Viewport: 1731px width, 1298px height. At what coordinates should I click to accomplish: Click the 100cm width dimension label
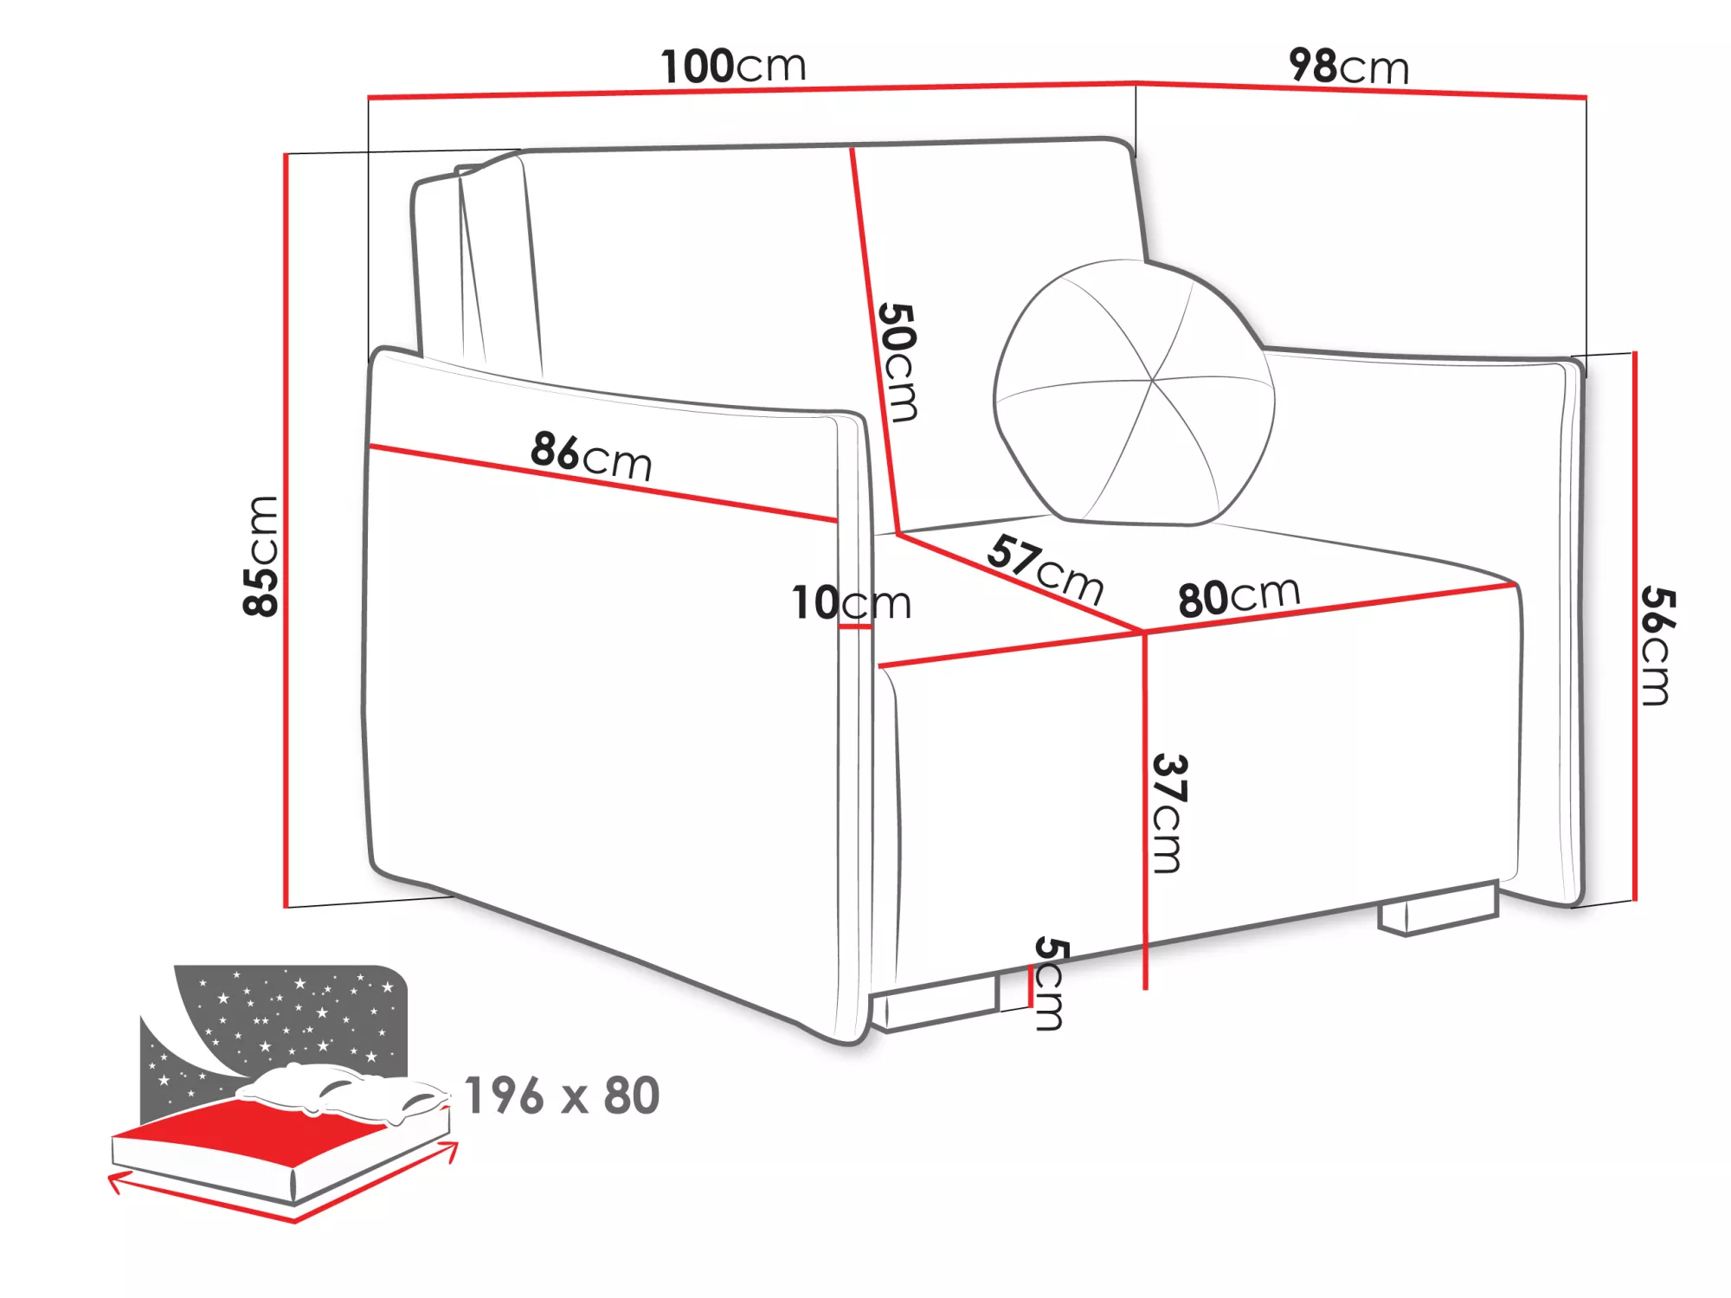(x=734, y=67)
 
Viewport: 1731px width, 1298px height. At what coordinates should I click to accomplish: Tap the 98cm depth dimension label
(x=1348, y=66)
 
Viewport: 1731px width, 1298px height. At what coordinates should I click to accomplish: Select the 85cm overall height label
(x=261, y=556)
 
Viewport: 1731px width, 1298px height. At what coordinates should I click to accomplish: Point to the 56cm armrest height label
(x=1657, y=646)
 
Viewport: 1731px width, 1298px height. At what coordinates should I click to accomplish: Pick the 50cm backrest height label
(x=898, y=362)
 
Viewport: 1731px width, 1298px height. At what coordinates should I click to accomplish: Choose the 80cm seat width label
(x=1239, y=595)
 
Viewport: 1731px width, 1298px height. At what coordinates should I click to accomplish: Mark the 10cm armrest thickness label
(x=852, y=602)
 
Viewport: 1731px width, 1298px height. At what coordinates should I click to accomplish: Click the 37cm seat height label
(x=1169, y=813)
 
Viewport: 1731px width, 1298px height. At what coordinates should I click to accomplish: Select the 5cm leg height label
(x=1050, y=983)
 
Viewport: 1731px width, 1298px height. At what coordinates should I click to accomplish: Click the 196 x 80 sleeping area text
(x=563, y=1096)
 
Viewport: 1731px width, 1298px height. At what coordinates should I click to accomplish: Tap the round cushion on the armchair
(x=1134, y=392)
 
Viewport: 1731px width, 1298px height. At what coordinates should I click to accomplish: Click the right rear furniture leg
(x=1438, y=909)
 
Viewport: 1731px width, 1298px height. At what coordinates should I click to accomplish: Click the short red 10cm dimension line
(x=855, y=627)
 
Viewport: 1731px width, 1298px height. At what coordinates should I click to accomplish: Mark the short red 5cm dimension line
(x=1031, y=986)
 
